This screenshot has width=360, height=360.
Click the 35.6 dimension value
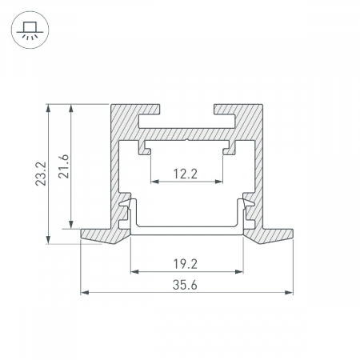coord(185,285)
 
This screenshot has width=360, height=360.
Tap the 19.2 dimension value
coord(186,264)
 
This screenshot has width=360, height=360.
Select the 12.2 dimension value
coord(186,174)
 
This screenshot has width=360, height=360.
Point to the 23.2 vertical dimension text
coord(41,174)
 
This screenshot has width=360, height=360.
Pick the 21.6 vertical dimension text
coord(64,166)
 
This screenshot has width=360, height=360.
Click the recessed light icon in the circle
coord(30,30)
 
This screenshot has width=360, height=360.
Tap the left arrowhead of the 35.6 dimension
coord(85,293)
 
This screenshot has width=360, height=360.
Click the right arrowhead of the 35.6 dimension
coord(289,293)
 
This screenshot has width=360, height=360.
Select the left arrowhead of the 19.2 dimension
coord(134,272)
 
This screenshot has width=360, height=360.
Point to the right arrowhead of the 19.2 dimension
coord(239,272)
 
